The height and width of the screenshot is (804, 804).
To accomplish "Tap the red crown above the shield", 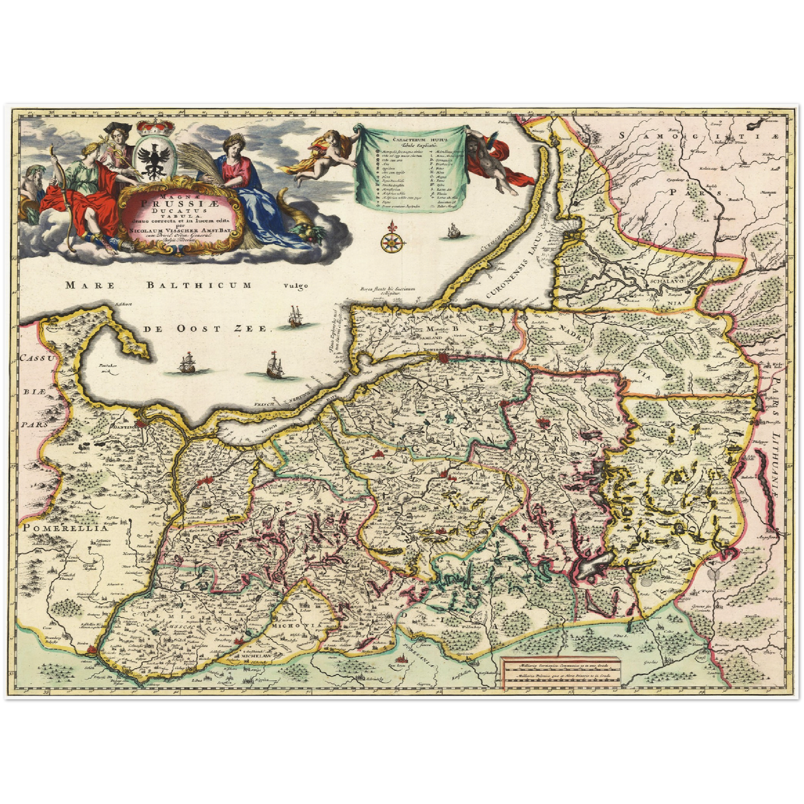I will [149, 128].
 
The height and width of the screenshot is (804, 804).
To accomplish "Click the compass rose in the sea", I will [392, 240].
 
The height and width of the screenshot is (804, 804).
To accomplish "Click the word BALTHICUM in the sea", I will [198, 285].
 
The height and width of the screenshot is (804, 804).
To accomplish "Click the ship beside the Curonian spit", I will [454, 230].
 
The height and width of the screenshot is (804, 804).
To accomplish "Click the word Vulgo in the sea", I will [295, 287].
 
